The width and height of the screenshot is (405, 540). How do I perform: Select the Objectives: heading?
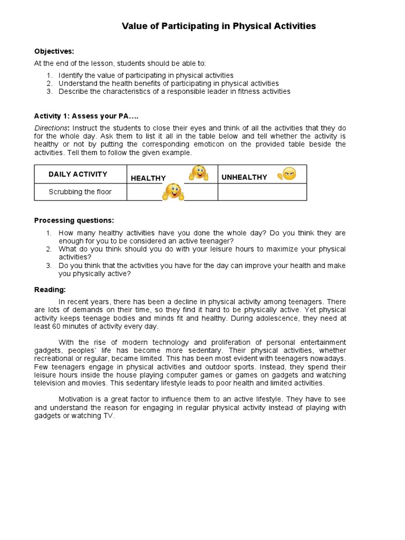click(x=54, y=51)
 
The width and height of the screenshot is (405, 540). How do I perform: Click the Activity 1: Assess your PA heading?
click(x=86, y=116)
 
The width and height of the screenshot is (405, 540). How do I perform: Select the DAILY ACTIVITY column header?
click(x=78, y=174)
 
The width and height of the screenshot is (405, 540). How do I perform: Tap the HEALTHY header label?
click(x=148, y=178)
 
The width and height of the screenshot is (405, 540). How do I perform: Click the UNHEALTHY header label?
click(x=244, y=177)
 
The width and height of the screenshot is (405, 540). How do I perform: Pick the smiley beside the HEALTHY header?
click(x=199, y=172)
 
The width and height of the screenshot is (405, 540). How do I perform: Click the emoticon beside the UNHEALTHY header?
click(x=287, y=173)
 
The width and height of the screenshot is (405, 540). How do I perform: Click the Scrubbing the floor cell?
click(x=80, y=192)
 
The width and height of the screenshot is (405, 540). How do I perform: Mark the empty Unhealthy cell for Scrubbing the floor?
click(x=262, y=192)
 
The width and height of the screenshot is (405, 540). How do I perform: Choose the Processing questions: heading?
click(x=74, y=220)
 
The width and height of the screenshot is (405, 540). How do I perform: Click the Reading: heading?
click(x=50, y=290)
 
